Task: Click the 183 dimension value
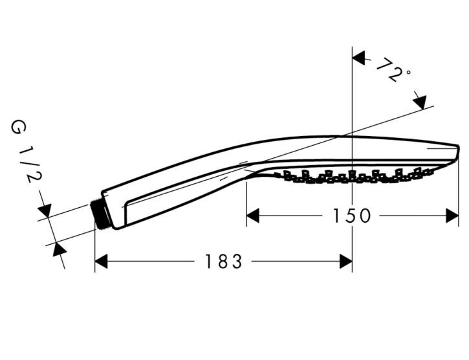[224, 262]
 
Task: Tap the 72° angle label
[392, 70]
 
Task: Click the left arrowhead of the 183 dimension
[101, 262]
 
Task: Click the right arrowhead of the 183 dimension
[346, 262]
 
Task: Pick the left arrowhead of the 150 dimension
[252, 216]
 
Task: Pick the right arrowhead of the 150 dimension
[452, 216]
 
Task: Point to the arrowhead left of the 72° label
[359, 58]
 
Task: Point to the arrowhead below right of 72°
[419, 102]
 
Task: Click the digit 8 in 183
[224, 262]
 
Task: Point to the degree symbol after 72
[408, 73]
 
